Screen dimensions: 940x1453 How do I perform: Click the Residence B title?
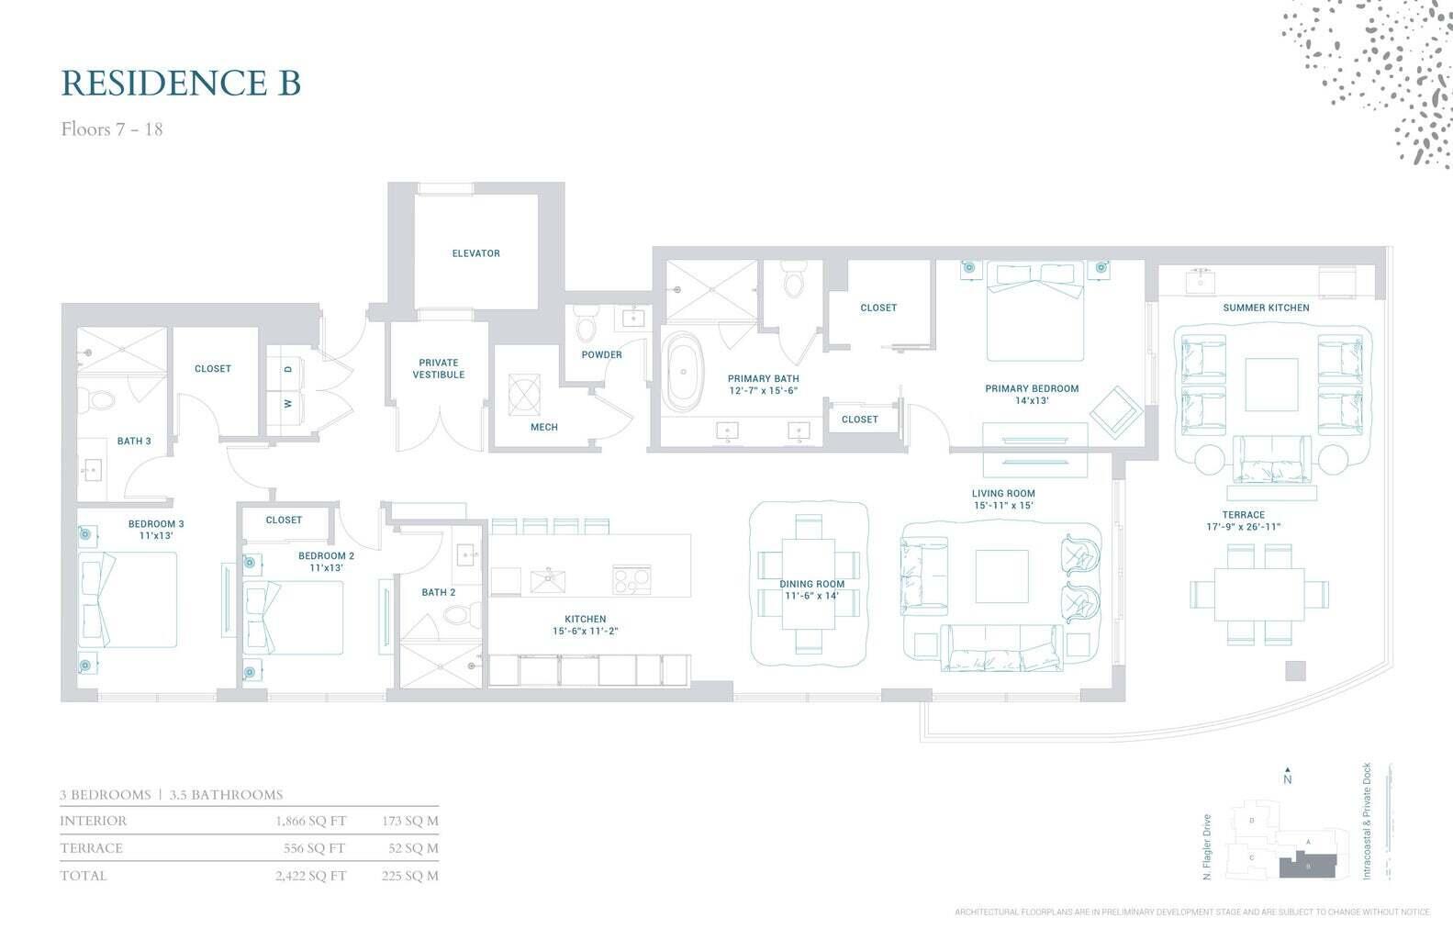tap(181, 83)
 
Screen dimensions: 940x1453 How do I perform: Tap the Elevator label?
tap(475, 253)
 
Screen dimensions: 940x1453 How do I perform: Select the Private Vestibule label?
tap(438, 368)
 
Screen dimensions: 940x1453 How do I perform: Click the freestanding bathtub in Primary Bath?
tap(684, 372)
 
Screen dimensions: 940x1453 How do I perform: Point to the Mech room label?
tap(543, 427)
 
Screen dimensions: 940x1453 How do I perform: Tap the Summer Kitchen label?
tap(1266, 308)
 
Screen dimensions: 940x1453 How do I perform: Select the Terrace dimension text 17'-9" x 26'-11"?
tap(1243, 527)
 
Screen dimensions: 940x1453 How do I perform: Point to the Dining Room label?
tap(811, 584)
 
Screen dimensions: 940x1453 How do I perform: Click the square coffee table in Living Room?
tap(1001, 576)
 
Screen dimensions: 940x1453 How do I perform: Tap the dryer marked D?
tap(288, 369)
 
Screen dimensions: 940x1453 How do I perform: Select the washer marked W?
tap(288, 403)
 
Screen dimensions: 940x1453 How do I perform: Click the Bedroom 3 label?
tap(156, 524)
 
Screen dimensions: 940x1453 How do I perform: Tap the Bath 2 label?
tap(438, 592)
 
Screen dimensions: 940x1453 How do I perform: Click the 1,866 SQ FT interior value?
tap(310, 821)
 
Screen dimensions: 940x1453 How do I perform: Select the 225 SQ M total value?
tap(409, 876)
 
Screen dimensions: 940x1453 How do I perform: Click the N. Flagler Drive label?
tap(1207, 847)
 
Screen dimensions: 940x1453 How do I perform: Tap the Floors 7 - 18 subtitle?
tap(112, 129)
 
